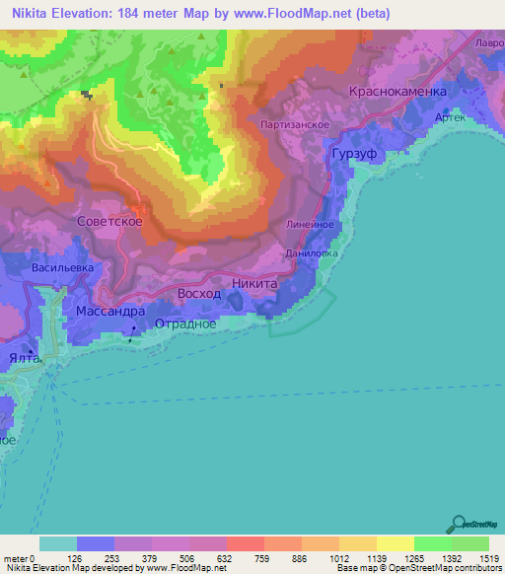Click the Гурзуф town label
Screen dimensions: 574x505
point(354,157)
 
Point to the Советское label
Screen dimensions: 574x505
point(109,222)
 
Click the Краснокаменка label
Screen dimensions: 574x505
point(398,91)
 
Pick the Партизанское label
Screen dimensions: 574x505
point(295,125)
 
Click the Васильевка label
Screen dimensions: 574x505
point(62,267)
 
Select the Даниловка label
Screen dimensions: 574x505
point(311,253)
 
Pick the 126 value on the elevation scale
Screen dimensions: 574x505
point(75,557)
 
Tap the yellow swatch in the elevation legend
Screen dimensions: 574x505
point(395,543)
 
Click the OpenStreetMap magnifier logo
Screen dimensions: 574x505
point(460,525)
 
